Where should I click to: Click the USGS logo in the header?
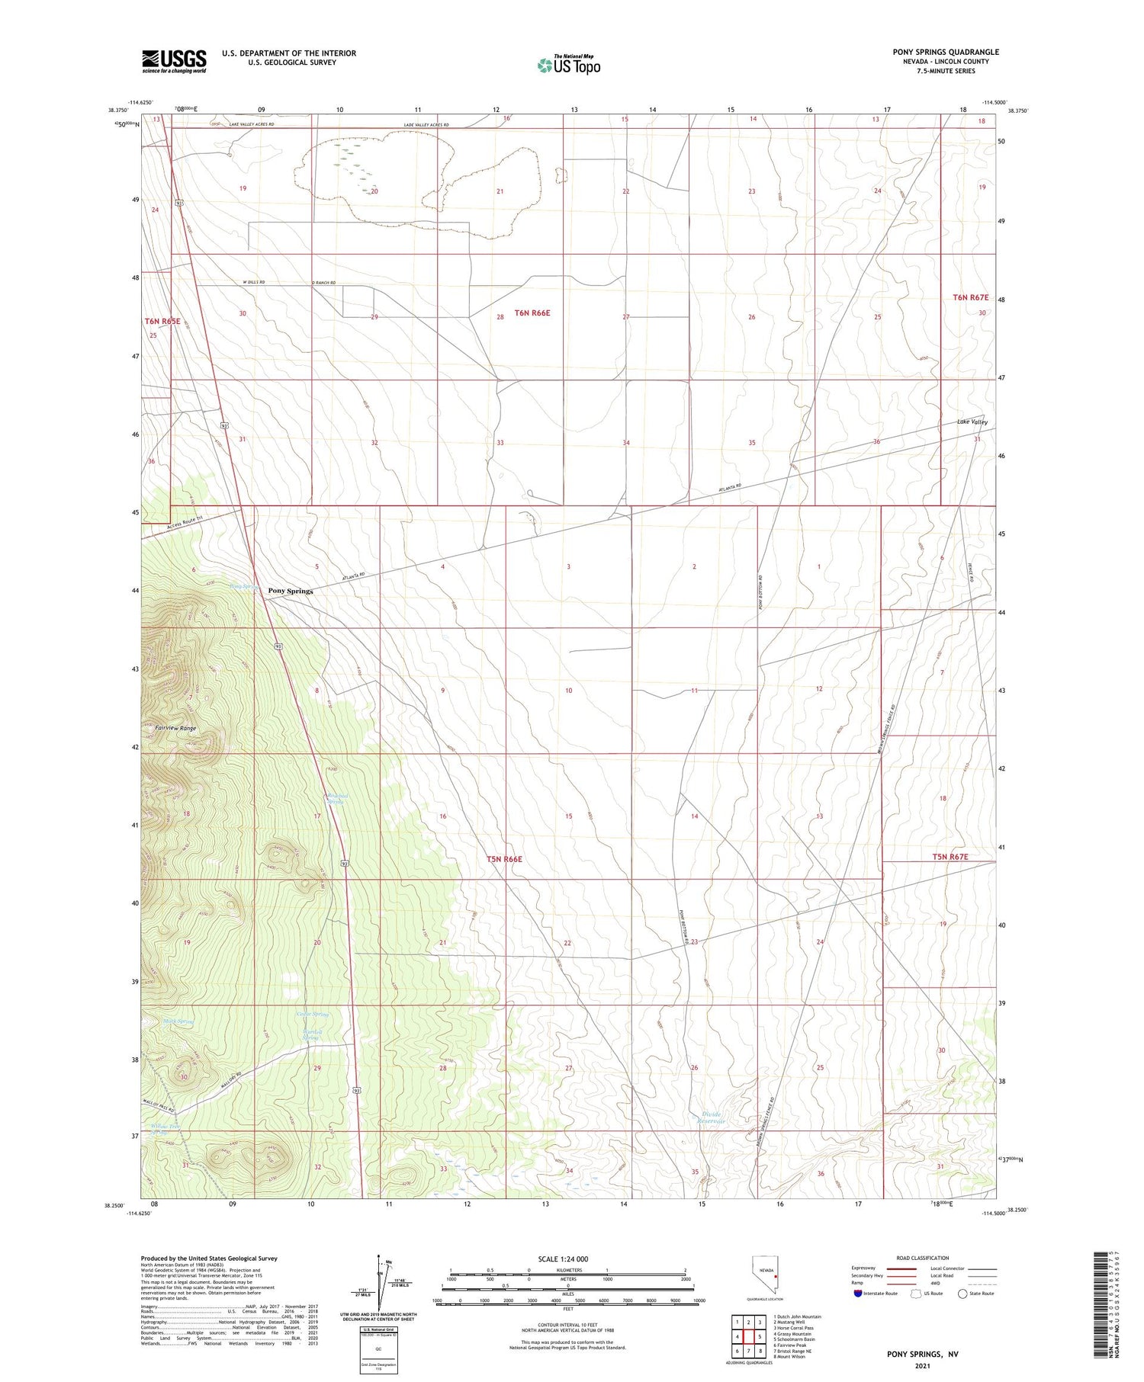174,61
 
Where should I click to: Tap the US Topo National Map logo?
569,65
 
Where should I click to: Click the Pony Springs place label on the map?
290,591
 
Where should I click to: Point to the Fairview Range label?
175,728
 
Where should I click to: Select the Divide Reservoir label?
712,1118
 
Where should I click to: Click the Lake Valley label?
972,422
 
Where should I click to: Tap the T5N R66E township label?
504,859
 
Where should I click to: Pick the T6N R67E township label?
970,297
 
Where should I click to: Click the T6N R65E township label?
162,322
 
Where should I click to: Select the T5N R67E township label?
950,857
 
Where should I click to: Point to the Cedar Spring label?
312,1015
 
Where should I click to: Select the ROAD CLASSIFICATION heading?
923,1258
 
